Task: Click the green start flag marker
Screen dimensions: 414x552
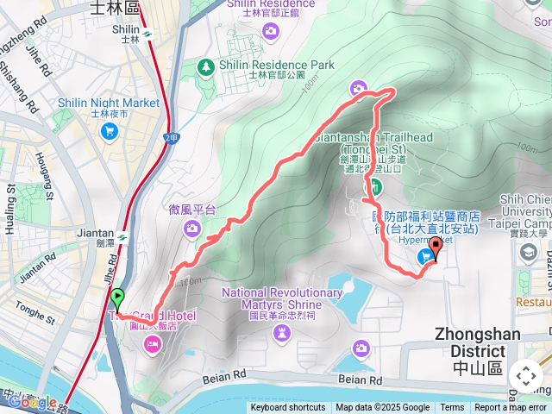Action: click(117, 299)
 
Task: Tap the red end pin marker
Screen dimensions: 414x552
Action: click(435, 250)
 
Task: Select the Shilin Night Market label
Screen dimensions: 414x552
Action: click(109, 103)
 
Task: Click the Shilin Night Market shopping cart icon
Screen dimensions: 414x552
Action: click(109, 131)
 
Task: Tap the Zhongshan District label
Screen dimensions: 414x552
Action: click(470, 343)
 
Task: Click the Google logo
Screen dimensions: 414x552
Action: click(33, 402)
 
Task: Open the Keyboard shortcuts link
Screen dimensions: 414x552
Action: click(288, 408)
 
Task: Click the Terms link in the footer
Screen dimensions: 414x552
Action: click(452, 408)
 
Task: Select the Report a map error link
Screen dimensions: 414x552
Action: click(511, 408)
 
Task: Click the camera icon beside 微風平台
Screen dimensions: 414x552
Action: click(191, 229)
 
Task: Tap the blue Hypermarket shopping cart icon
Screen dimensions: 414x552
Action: click(426, 256)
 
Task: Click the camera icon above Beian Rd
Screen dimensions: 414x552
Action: click(361, 348)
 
